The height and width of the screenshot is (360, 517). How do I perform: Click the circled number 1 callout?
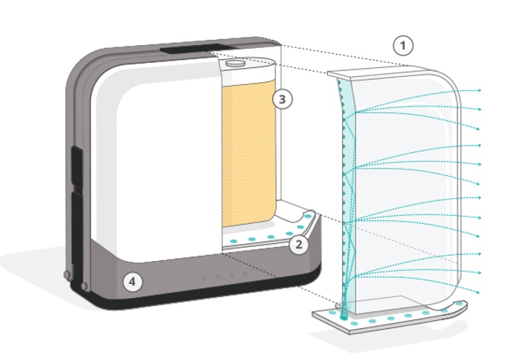coord(403,46)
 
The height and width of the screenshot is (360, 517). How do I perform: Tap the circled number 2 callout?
coord(298,245)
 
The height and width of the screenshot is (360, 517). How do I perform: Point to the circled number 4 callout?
coord(132,282)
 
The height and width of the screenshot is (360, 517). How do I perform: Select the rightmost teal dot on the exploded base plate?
coord(461,303)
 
